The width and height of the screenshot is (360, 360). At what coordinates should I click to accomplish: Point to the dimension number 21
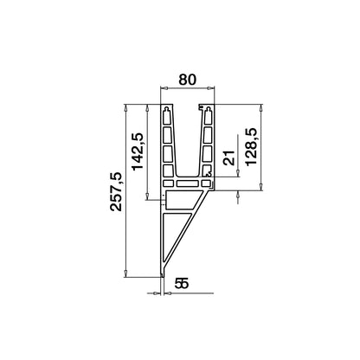coord(228,158)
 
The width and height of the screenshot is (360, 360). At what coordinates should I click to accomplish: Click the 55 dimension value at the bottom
coord(182,282)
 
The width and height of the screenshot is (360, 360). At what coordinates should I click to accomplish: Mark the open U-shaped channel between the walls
coord(189,138)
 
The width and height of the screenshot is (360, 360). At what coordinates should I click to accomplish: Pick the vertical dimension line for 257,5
coord(127,190)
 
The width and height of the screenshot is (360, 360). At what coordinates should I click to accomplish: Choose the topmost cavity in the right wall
coord(206,115)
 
